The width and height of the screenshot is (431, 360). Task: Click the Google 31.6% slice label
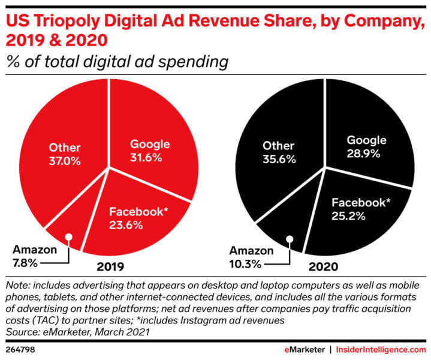[x=150, y=151]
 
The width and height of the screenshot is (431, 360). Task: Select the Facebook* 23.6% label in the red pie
[x=137, y=217]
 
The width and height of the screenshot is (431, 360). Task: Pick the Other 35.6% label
[x=277, y=152]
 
